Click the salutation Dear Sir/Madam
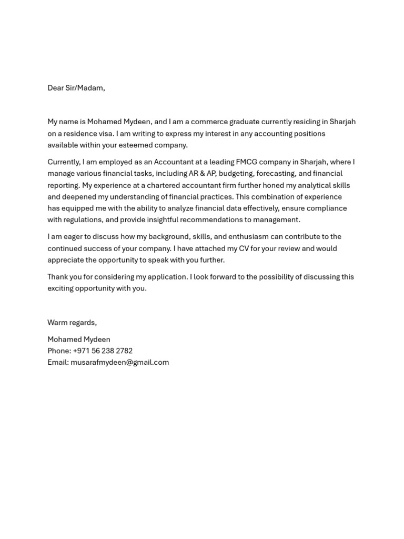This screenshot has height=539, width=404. (76, 88)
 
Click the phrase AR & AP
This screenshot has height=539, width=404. (201, 173)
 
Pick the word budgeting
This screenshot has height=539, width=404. (235, 173)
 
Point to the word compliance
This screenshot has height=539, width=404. (327, 208)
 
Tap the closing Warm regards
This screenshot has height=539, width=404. (72, 323)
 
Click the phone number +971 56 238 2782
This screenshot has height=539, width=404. (103, 351)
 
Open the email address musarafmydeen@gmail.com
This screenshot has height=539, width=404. (119, 362)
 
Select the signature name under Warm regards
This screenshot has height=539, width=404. (79, 340)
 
